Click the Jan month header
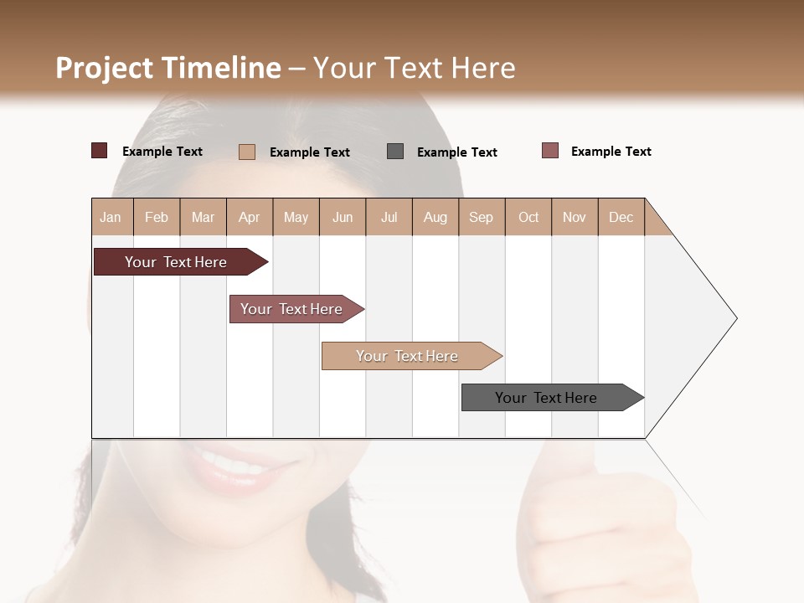pos(111,217)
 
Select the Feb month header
pos(157,217)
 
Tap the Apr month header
pos(250,217)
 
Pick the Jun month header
pos(343,217)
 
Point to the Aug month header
pos(435,217)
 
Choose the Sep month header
pos(482,217)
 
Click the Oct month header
pos(528,217)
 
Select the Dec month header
pos(621,217)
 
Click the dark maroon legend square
pos(100,151)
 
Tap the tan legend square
pos(247,152)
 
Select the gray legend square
pos(395,152)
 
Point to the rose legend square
pos(550,151)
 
